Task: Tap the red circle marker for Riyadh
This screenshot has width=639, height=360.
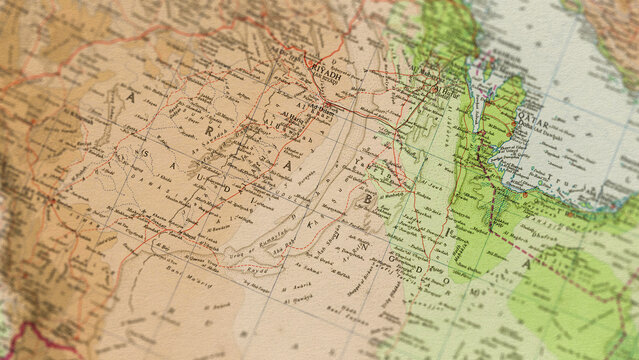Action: (x=327, y=101)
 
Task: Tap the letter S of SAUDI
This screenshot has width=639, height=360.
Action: (x=147, y=152)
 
